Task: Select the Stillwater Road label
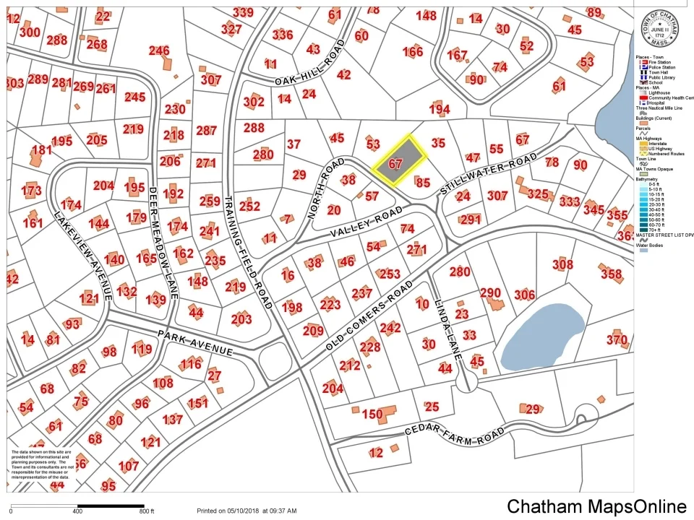(489, 174)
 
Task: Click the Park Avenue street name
(195, 342)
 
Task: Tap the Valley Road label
(367, 222)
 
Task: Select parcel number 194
(439, 109)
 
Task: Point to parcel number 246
(159, 51)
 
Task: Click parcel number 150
(372, 415)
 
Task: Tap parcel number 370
(617, 340)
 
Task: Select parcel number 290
(490, 293)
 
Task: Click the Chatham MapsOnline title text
(596, 507)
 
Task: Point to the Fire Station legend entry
(659, 63)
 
